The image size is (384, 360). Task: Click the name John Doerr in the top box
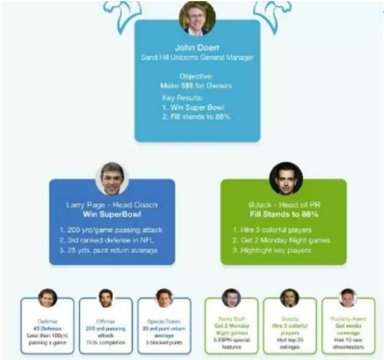197,48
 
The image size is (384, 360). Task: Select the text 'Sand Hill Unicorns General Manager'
197,58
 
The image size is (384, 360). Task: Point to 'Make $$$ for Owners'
197,85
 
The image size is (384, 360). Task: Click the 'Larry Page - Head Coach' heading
112,205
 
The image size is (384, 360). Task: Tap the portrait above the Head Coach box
112,178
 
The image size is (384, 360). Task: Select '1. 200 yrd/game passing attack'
111,230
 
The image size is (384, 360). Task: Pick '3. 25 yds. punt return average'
112,250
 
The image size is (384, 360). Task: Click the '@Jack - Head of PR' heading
284,205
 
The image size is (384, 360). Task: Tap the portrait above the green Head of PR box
284,178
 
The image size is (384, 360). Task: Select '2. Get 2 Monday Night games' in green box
283,240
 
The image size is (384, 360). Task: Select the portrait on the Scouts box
289,298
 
